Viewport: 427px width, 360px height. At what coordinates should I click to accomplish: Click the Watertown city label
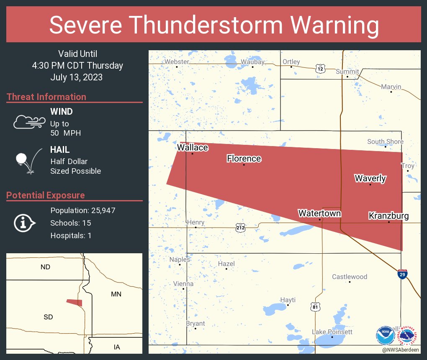coord(319,213)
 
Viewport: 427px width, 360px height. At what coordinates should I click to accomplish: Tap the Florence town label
coord(244,159)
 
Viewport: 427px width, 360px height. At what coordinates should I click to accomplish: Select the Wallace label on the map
coord(193,147)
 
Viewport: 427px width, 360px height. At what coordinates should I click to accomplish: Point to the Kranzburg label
coord(388,216)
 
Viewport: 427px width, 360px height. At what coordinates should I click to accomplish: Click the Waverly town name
coord(370,179)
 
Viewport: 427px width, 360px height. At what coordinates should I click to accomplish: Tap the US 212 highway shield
coord(240,228)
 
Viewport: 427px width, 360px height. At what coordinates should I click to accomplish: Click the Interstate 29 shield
coord(402,274)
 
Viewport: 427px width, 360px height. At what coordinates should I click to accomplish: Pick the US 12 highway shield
coord(320,69)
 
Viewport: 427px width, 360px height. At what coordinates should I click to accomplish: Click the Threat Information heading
coord(46,97)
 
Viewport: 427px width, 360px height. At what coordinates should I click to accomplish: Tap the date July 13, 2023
coord(76,77)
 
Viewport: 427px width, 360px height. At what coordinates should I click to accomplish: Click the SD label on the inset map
coord(48,317)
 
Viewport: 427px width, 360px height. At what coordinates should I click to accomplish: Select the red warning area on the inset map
coord(75,302)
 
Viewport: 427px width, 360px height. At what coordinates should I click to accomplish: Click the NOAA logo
coord(385,335)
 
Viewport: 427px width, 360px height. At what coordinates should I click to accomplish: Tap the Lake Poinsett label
coord(332,332)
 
